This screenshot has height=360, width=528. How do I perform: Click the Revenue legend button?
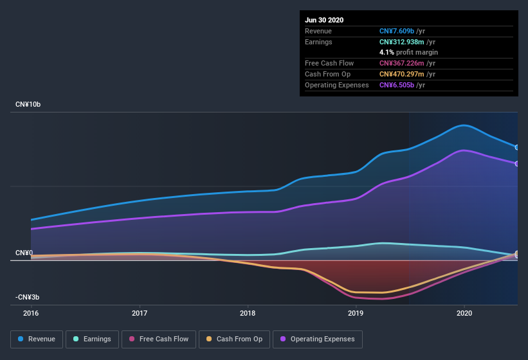(x=37, y=339)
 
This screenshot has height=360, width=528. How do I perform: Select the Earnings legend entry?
(x=93, y=339)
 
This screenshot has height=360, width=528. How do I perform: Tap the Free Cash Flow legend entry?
(x=159, y=339)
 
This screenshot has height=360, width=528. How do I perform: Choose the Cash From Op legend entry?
(x=234, y=339)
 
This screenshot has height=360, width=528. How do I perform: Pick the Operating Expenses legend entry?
(x=318, y=339)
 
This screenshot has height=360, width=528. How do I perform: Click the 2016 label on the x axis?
(x=31, y=313)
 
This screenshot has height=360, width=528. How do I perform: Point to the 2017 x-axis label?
(x=140, y=313)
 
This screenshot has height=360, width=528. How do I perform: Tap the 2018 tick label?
(x=248, y=313)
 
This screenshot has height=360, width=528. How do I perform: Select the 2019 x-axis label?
(x=356, y=313)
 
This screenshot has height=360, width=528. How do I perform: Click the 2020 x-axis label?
(x=464, y=313)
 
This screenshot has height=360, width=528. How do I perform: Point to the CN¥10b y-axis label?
(x=28, y=104)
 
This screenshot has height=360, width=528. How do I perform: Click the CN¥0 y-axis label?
(x=24, y=253)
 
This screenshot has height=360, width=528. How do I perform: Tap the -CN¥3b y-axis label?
(x=27, y=297)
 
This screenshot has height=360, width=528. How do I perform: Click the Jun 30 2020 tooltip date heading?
(x=324, y=20)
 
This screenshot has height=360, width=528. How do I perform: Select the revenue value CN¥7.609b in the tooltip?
(x=397, y=31)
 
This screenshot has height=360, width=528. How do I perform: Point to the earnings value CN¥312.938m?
(x=402, y=42)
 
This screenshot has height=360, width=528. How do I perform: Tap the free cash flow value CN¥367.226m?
(x=402, y=63)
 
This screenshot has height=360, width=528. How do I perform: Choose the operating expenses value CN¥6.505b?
(x=397, y=85)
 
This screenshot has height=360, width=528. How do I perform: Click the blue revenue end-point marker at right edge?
(x=517, y=147)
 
